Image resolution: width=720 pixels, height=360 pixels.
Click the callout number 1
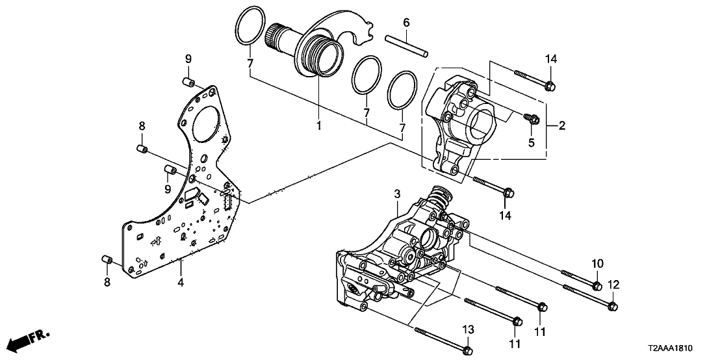(318, 125)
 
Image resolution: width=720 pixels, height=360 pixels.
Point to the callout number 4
(181, 282)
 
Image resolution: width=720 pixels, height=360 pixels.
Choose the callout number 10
(597, 263)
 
